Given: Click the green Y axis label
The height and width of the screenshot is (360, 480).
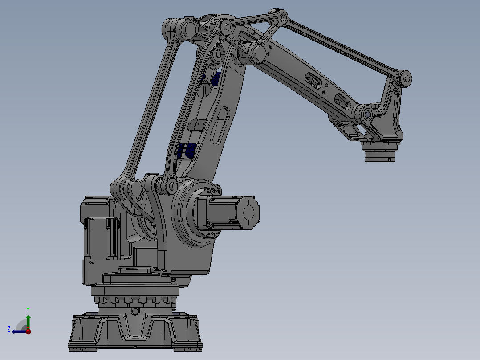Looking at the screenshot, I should [28, 309].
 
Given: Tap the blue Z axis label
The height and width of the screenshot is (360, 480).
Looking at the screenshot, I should [9, 329].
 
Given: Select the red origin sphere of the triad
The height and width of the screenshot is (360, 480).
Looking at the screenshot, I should [28, 331].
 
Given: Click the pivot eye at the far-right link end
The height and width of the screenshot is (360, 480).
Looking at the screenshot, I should [406, 79].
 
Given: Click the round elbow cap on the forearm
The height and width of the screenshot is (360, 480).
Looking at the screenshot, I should [257, 53].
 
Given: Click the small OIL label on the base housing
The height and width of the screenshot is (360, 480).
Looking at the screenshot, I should [92, 263].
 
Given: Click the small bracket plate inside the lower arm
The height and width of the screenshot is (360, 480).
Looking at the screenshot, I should [196, 125].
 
